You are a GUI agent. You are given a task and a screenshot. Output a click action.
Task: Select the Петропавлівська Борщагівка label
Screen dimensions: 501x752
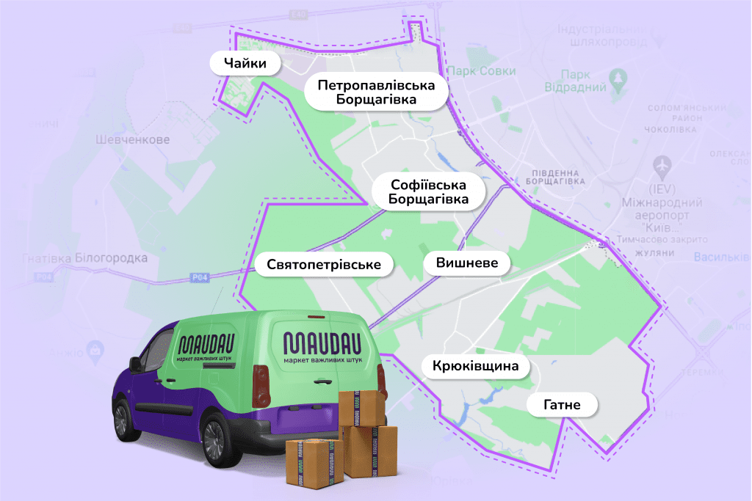(x=376, y=92)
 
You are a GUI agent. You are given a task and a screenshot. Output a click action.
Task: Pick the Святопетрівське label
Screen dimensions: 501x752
(x=324, y=265)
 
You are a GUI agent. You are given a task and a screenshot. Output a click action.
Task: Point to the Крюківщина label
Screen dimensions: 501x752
(x=476, y=365)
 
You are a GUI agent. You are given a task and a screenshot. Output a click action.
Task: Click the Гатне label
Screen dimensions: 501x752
(x=562, y=403)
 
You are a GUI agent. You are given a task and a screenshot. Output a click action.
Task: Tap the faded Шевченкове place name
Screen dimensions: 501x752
(x=133, y=139)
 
